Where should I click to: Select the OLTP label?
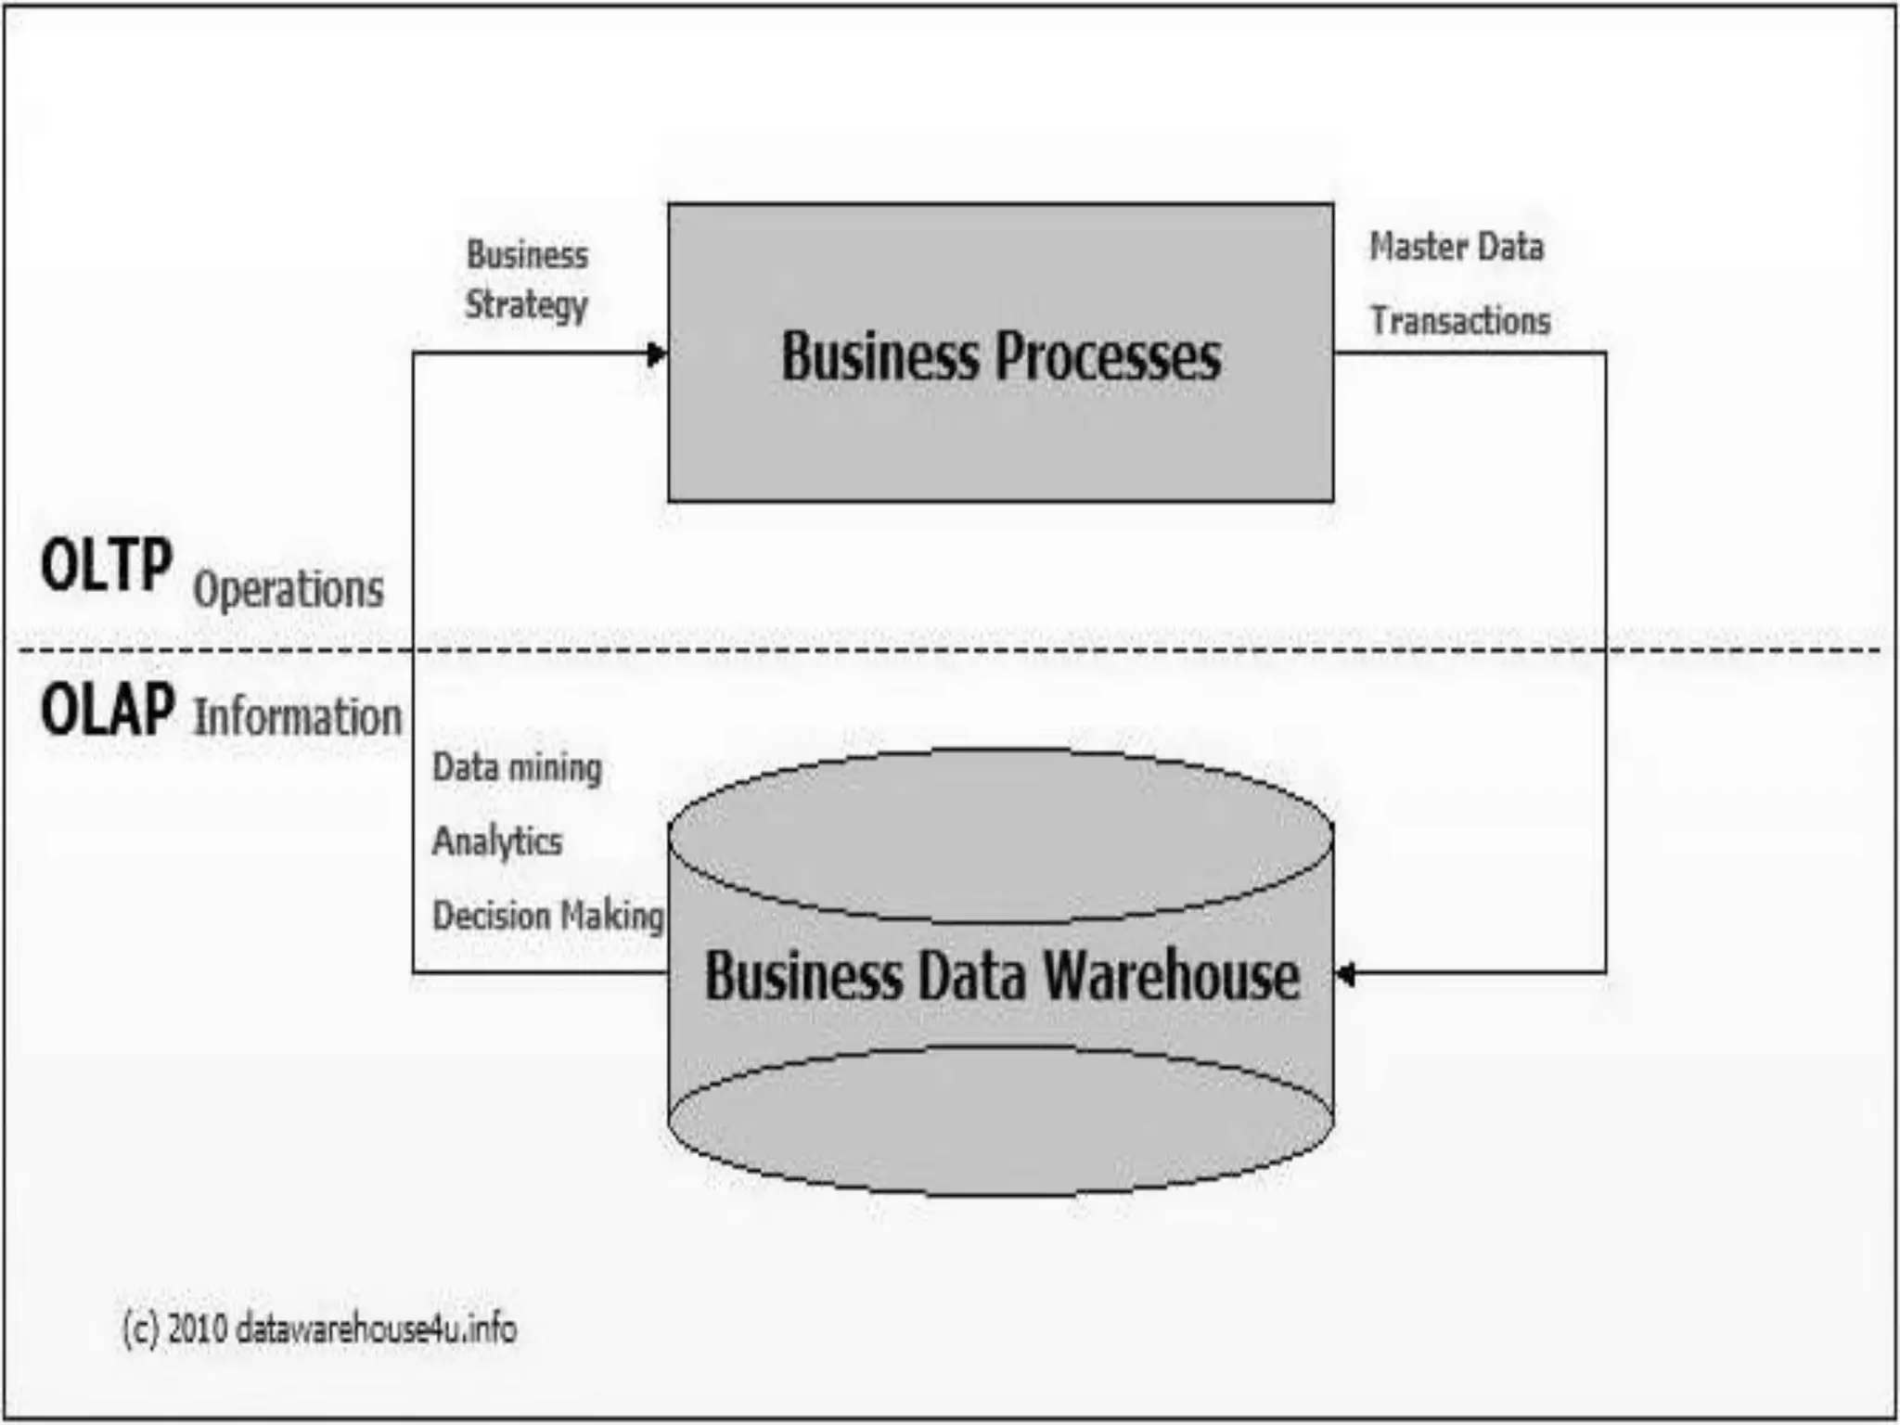(106, 565)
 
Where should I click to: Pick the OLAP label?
(108, 710)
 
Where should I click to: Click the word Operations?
(289, 589)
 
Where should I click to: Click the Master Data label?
(1457, 247)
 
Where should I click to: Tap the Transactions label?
(1460, 321)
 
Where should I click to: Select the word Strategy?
(526, 305)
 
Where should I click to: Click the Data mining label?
(517, 768)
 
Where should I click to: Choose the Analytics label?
(497, 841)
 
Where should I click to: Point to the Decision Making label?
(548, 916)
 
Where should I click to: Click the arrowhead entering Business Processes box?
(657, 353)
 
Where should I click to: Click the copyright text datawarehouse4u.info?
(376, 1329)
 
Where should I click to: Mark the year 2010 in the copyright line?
(198, 1329)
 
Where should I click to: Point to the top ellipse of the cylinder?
(1000, 835)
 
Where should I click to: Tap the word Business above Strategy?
(527, 255)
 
